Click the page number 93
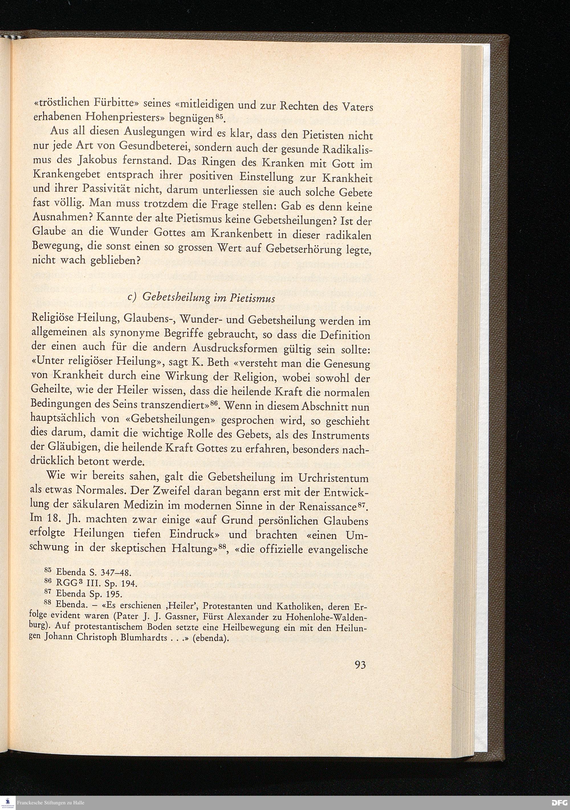(360, 665)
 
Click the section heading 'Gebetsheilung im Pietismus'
(208, 298)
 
